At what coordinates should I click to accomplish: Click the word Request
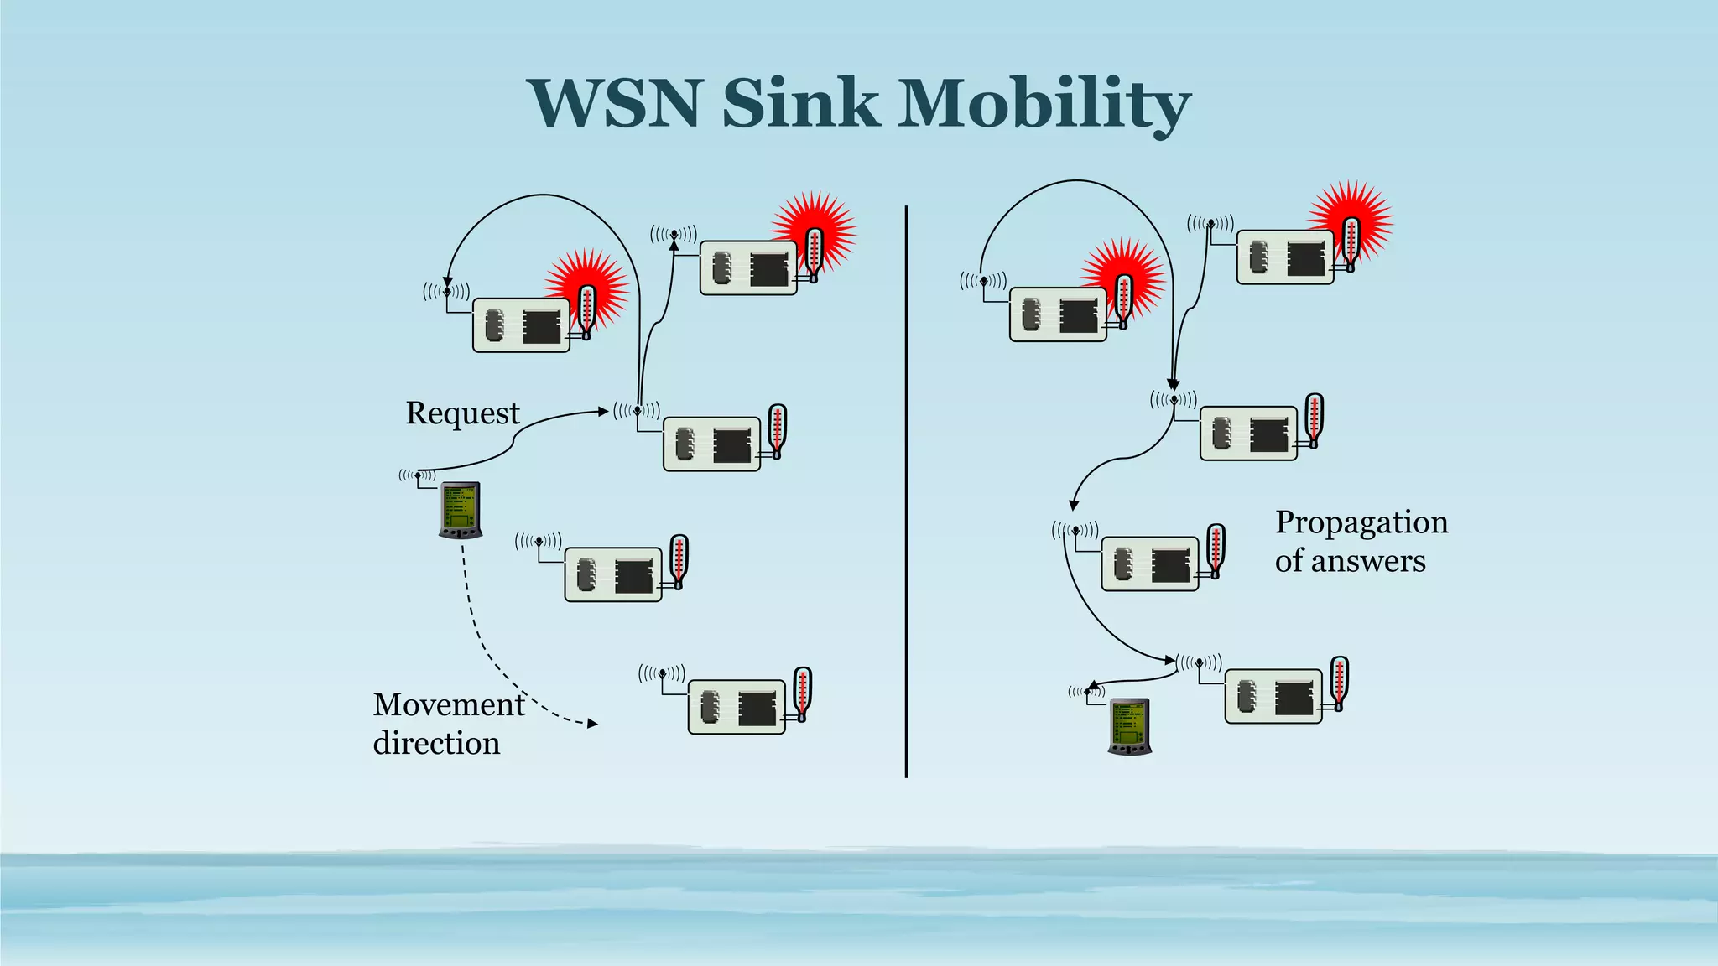[462, 413]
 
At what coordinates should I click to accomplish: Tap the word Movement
[449, 704]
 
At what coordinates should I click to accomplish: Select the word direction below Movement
[436, 744]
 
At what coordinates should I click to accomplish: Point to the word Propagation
[1361, 522]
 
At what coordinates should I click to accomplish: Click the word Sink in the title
[800, 103]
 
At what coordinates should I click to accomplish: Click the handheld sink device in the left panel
[461, 510]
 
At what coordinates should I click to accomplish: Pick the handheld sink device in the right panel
[1130, 726]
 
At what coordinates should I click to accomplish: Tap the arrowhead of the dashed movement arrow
[593, 723]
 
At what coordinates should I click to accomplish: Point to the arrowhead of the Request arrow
[603, 411]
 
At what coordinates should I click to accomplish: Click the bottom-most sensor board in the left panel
[737, 707]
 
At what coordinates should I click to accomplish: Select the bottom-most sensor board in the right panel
[1273, 696]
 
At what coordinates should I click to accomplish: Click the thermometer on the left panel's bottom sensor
[802, 694]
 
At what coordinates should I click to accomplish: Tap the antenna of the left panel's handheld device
[418, 476]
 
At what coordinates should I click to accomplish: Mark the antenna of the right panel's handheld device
[1087, 692]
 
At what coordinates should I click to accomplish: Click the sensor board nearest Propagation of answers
[1149, 563]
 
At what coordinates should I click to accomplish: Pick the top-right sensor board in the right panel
[1285, 257]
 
